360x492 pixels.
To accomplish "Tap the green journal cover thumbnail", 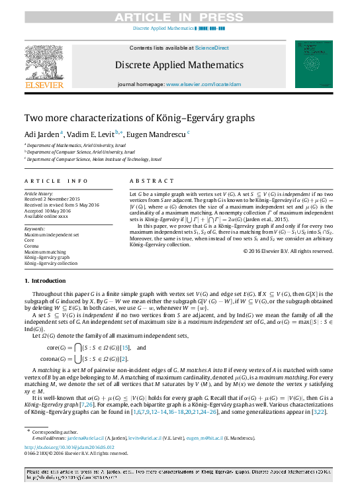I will [314, 64].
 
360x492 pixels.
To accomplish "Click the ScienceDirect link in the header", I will [212, 48].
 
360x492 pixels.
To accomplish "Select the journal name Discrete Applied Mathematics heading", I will [180, 65].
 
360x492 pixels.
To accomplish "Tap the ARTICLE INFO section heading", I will [56, 181].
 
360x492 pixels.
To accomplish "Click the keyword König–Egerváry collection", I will [51, 263].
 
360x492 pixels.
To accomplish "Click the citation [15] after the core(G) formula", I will [124, 348].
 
